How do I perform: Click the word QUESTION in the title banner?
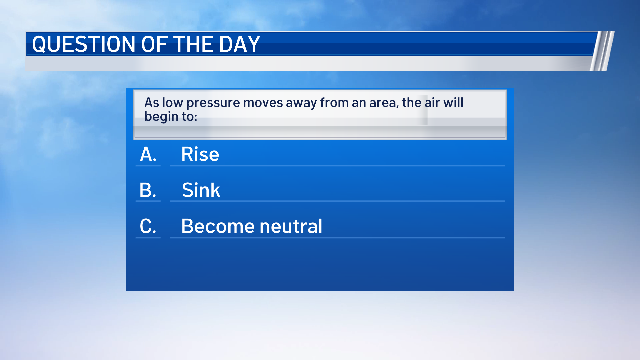84,44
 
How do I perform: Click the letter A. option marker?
148,154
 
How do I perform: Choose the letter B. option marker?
148,190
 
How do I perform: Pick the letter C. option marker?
148,226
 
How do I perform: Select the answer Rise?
200,154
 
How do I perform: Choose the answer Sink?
201,190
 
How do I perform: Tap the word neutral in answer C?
291,226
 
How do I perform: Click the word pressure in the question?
213,103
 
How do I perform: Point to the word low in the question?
172,103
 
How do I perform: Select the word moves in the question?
263,103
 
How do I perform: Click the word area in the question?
384,103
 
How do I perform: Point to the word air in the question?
432,103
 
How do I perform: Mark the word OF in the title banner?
154,44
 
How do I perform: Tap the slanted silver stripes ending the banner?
602,51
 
